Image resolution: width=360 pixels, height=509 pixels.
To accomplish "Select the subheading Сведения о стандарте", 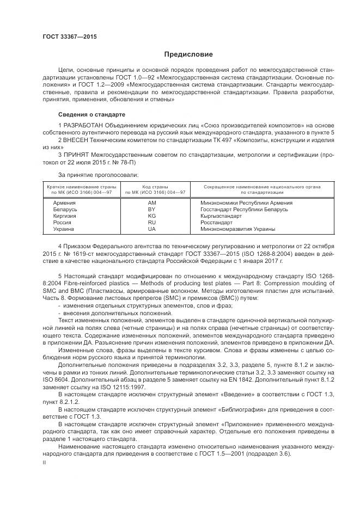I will click(x=91, y=115).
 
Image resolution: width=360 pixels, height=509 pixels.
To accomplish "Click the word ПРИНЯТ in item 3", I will click(x=79, y=155).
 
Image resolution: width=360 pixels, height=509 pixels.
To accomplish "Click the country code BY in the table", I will click(x=152, y=209).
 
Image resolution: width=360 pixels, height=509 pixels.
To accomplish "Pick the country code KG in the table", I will click(x=152, y=216).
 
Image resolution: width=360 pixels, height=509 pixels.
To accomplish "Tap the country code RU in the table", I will click(x=152, y=222).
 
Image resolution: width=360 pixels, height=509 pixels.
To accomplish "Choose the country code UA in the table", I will click(x=152, y=229).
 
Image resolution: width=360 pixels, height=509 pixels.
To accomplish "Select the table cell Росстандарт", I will click(x=216, y=222).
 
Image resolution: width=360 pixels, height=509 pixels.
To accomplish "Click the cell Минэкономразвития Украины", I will click(x=237, y=229).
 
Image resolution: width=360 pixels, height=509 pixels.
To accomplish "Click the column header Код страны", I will click(x=155, y=187).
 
